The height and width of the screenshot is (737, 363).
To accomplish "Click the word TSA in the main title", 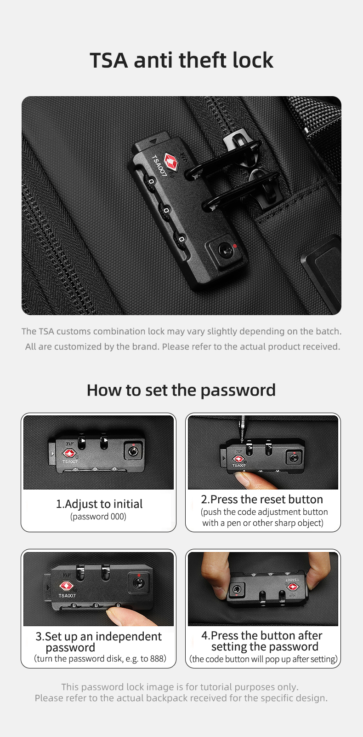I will (x=109, y=60).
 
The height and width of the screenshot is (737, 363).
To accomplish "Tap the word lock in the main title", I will (x=253, y=60).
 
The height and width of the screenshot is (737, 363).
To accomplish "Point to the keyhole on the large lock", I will (x=225, y=251).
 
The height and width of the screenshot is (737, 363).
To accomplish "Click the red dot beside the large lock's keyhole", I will (x=235, y=246).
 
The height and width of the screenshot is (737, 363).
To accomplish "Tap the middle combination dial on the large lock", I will (x=166, y=210).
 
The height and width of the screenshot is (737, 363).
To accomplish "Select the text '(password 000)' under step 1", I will (x=98, y=516).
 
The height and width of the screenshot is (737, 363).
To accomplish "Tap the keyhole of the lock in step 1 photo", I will (x=133, y=451).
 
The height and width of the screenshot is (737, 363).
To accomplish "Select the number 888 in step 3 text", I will (x=157, y=658).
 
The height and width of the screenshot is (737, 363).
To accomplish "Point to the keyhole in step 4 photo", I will (x=237, y=589).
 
